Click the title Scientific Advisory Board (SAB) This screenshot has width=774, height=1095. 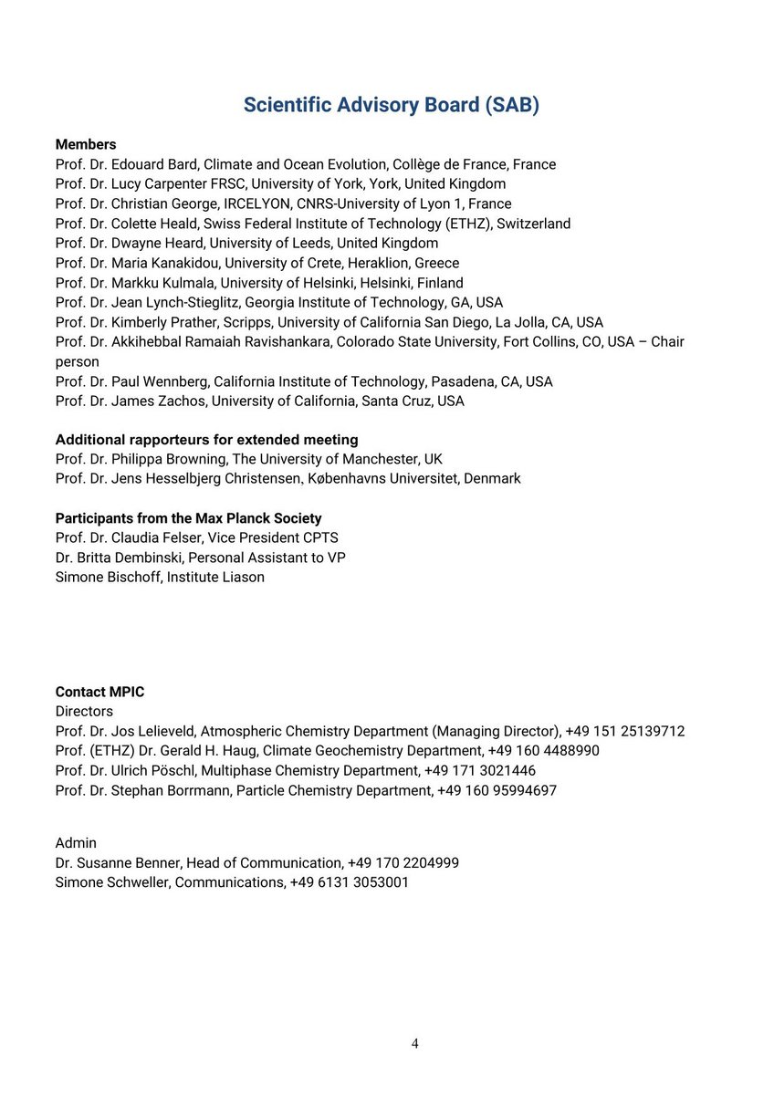point(391,105)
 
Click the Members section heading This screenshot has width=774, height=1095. point(86,144)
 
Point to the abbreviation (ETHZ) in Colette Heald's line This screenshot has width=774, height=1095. point(463,224)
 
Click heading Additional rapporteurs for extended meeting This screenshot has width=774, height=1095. point(206,440)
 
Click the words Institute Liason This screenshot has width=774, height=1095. point(215,577)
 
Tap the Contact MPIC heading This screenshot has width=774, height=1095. point(99,692)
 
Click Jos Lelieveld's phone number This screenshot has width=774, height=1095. point(625,731)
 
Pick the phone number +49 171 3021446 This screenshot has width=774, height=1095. point(480,770)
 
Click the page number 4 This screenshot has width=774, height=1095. point(415,1044)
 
